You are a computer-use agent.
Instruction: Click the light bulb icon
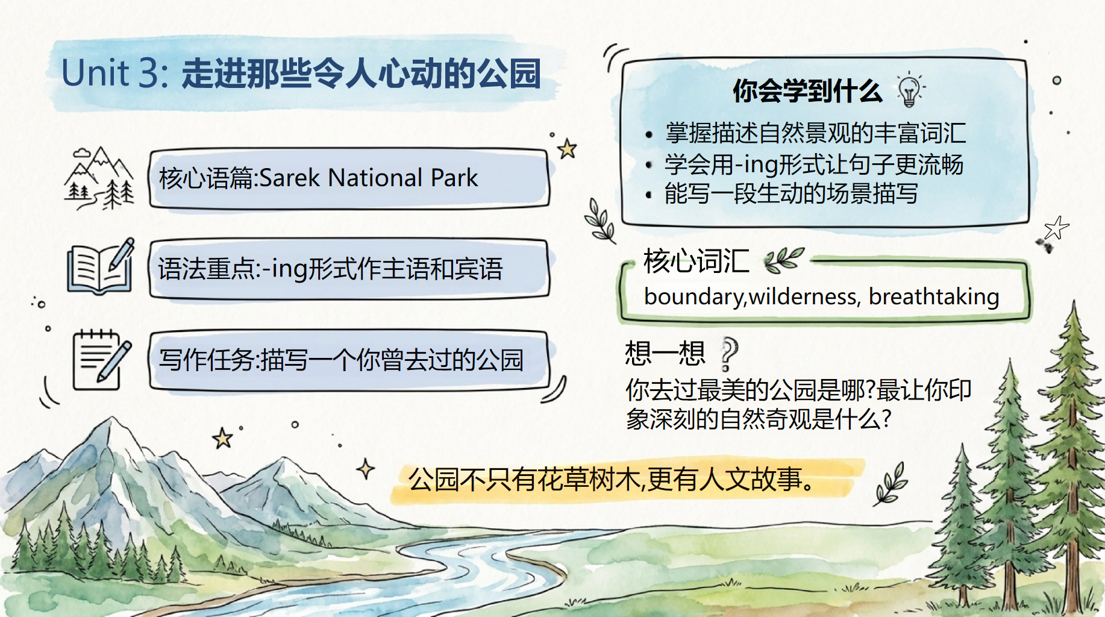pos(910,90)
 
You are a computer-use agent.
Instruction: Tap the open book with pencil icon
pos(101,266)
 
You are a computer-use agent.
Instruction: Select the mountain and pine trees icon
pos(99,178)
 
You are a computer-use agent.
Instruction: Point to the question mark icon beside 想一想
pos(729,354)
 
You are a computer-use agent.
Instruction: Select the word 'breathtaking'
pos(934,296)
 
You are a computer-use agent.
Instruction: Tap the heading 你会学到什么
pos(807,91)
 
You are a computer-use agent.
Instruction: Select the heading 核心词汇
pos(696,261)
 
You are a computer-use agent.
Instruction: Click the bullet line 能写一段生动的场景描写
pos(791,193)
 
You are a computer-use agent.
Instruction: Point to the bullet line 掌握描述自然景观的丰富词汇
pos(815,133)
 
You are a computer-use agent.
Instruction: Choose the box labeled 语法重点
pos(349,269)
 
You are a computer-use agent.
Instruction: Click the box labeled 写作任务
pos(349,360)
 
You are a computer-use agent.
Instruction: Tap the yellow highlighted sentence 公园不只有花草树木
pos(612,480)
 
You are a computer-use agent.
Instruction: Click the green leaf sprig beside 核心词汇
pos(783,260)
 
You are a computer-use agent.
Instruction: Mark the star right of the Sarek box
pos(567,148)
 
